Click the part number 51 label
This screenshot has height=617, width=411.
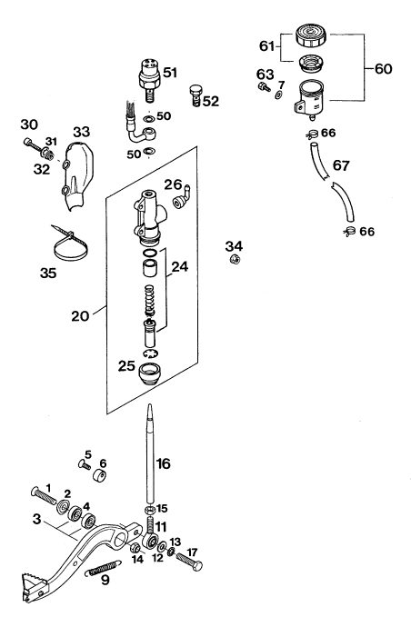tap(170, 73)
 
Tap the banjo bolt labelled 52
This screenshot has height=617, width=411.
tap(195, 95)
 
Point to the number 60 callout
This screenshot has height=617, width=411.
tap(383, 69)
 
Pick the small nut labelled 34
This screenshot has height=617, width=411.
tap(235, 259)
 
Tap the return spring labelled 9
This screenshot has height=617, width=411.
tap(103, 569)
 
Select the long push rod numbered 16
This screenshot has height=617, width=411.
tap(150, 453)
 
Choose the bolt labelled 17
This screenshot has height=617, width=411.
tap(188, 562)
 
